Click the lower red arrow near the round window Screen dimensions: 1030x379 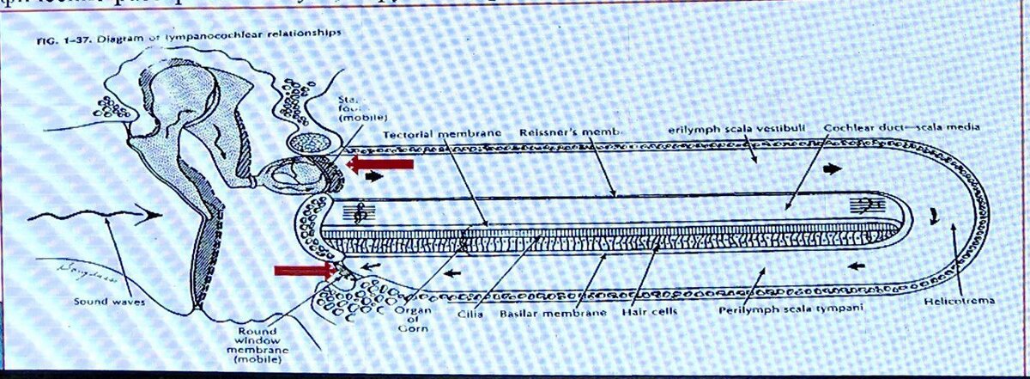click(x=304, y=271)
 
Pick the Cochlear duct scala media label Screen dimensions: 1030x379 click(x=901, y=128)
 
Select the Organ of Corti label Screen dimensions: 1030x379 click(x=408, y=320)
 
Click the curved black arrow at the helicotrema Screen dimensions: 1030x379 click(x=936, y=211)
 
